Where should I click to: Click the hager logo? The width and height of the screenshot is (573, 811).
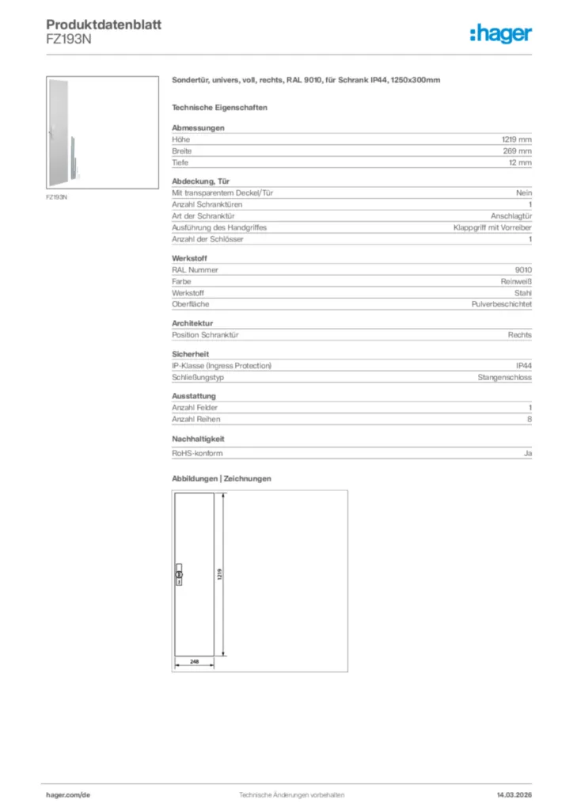(x=500, y=33)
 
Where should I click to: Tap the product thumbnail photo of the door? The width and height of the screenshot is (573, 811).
(x=66, y=132)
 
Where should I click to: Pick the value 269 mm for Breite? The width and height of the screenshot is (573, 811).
(x=518, y=150)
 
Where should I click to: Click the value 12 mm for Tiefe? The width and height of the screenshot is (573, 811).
(x=520, y=162)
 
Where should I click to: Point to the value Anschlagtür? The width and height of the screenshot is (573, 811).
(x=511, y=216)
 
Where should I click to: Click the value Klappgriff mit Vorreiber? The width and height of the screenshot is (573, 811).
(x=492, y=227)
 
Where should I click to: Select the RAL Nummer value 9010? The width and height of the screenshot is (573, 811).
(x=523, y=270)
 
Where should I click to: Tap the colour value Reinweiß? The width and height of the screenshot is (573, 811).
(x=514, y=281)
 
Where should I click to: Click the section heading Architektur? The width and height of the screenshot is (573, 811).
(x=193, y=323)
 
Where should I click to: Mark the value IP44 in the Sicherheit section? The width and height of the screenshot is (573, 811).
(x=523, y=366)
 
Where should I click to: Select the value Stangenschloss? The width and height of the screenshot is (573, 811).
(x=504, y=378)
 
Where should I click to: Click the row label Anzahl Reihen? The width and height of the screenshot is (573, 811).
(x=196, y=419)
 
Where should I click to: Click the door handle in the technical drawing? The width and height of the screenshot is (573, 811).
(x=178, y=575)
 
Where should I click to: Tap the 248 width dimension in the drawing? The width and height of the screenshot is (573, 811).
(x=193, y=660)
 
